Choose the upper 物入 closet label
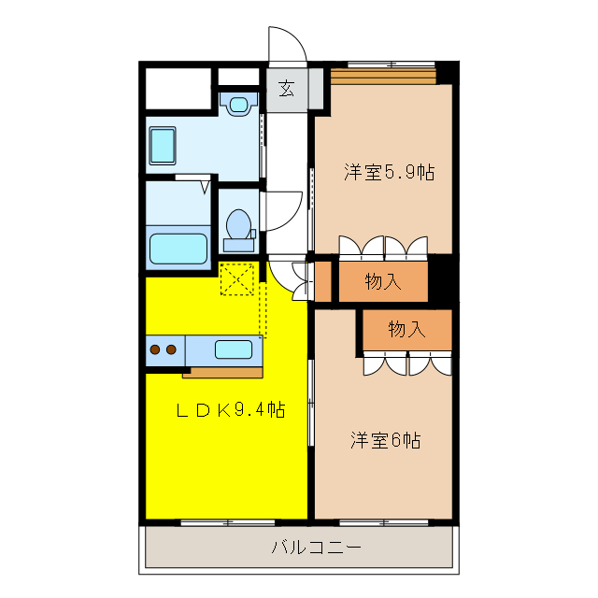[x=383, y=281]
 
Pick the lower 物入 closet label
[x=406, y=329]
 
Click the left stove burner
[x=155, y=350]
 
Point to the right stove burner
[x=172, y=350]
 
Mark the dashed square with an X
[x=236, y=278]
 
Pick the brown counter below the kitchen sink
[x=222, y=372]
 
